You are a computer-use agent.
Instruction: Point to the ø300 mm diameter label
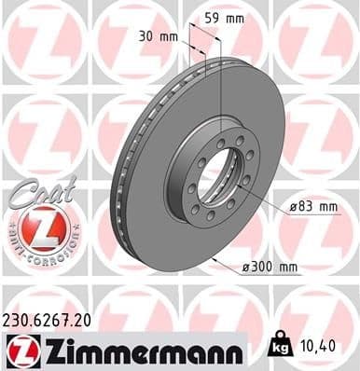270,268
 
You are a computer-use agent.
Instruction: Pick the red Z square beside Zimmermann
21,350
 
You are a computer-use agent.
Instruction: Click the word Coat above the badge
37,186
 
